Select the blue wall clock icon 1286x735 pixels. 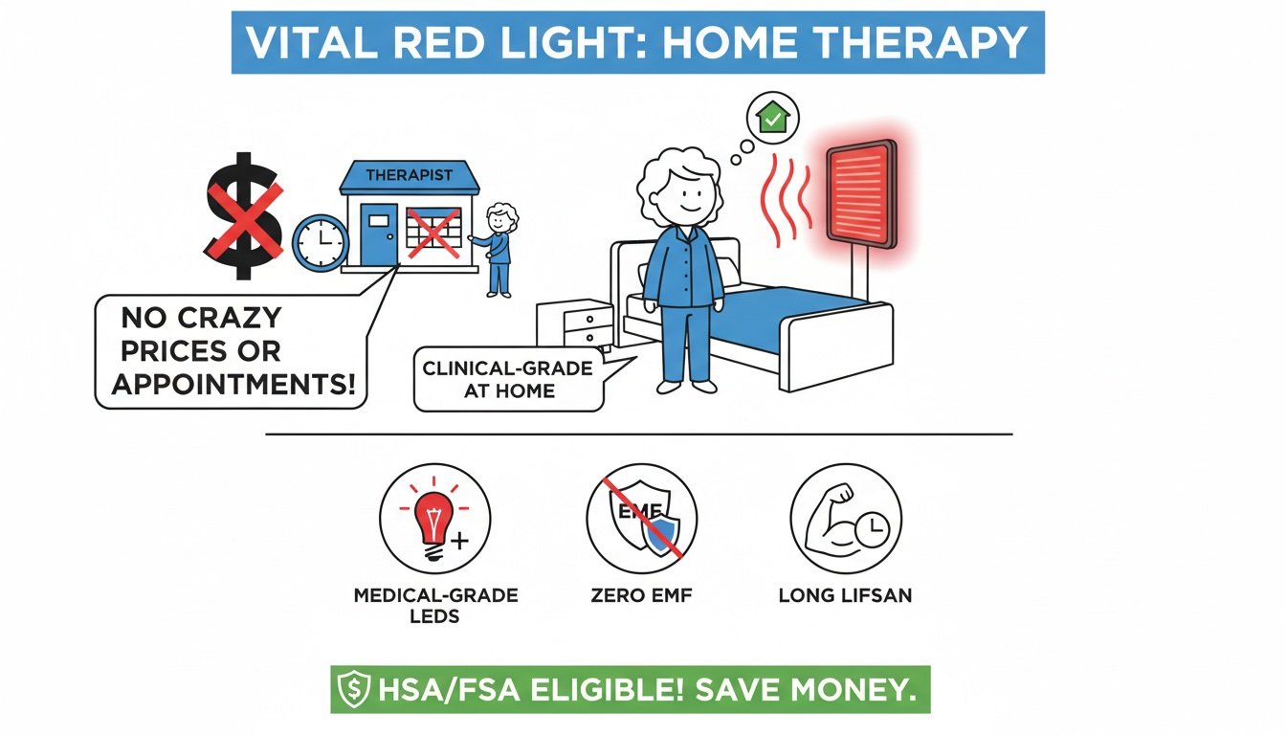tap(320, 241)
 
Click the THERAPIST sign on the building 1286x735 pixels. tap(409, 175)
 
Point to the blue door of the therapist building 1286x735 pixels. tap(378, 234)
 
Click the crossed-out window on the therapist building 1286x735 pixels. tap(433, 232)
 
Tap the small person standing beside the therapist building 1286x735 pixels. tap(498, 248)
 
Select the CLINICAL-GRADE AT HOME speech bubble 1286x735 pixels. tap(509, 379)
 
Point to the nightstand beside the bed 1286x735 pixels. tap(574, 325)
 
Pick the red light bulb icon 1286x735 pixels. tap(433, 519)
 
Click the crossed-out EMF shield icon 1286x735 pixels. tap(641, 520)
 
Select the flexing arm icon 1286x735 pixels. tap(845, 519)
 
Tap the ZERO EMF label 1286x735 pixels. tap(641, 596)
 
